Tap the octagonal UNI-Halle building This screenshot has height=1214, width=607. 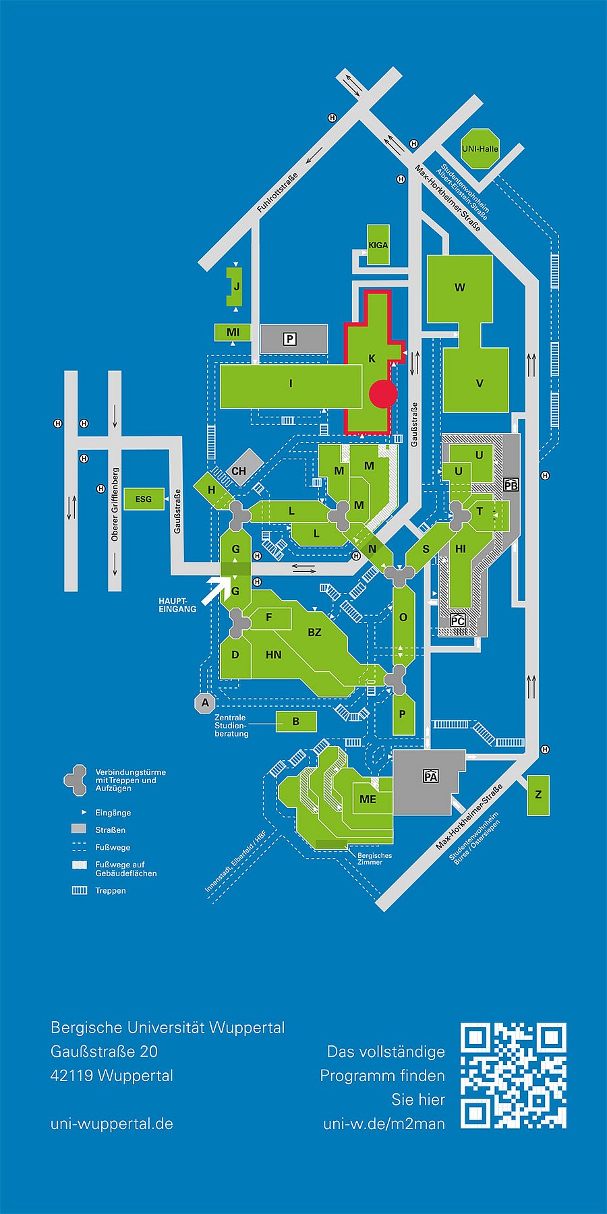(480, 148)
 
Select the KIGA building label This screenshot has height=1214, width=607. (378, 245)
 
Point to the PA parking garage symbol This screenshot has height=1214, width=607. (431, 776)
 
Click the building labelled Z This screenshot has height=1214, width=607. (538, 794)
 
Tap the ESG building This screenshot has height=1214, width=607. (144, 499)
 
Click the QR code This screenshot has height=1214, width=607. (513, 1075)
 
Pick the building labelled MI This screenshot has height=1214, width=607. (233, 332)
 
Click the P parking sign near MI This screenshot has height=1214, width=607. (290, 339)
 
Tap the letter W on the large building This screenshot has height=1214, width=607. (460, 287)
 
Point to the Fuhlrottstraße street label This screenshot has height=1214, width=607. (277, 194)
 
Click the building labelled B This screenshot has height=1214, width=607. (296, 721)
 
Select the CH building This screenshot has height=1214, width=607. (239, 471)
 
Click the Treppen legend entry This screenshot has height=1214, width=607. (111, 890)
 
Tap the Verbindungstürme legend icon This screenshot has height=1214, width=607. (76, 780)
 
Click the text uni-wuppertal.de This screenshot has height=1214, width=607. (112, 1124)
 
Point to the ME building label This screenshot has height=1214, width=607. (368, 799)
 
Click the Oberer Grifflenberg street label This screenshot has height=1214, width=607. (115, 504)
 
